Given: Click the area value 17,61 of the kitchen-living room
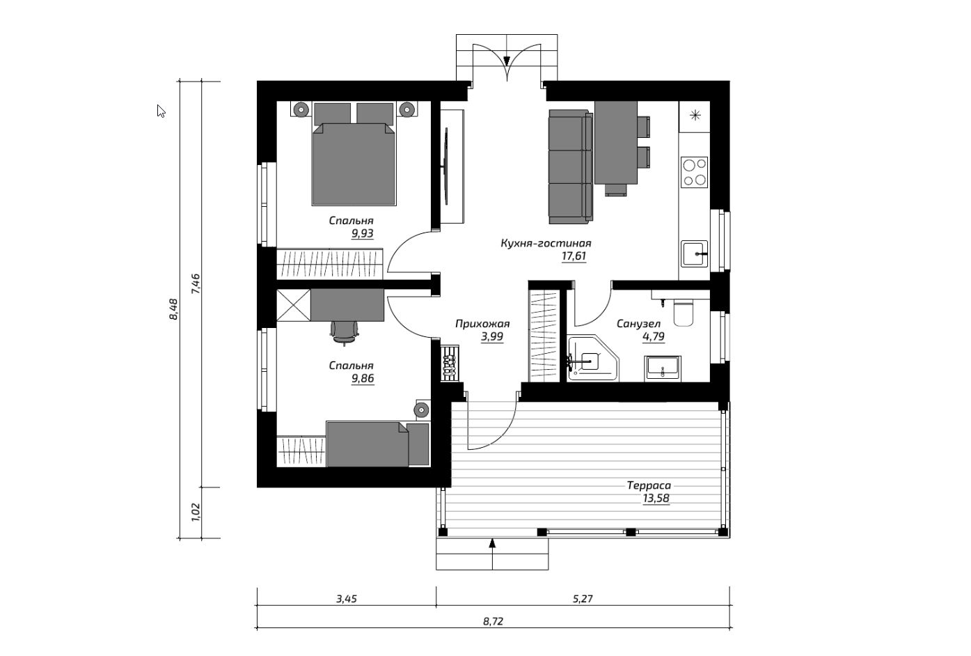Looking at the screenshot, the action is (574, 256).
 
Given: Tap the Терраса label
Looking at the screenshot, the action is (649, 485).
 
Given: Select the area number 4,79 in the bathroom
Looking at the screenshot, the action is (654, 336).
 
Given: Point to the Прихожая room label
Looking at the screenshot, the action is (482, 324).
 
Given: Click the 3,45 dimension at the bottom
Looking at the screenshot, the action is (347, 599).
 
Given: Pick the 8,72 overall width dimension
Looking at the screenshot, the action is (494, 622).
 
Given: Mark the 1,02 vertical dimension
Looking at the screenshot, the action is (196, 512).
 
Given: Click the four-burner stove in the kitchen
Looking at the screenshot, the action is (694, 172).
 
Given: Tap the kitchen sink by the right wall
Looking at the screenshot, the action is (694, 253).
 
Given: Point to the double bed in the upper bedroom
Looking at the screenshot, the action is (354, 154).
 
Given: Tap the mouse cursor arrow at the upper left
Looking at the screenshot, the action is (161, 111).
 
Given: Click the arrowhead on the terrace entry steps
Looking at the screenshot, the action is (492, 543).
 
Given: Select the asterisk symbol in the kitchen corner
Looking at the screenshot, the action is (695, 116).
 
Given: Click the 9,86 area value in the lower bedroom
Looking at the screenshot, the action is (363, 379).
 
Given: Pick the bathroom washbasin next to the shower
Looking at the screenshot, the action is (663, 369).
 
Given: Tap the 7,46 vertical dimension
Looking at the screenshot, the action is (196, 284).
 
